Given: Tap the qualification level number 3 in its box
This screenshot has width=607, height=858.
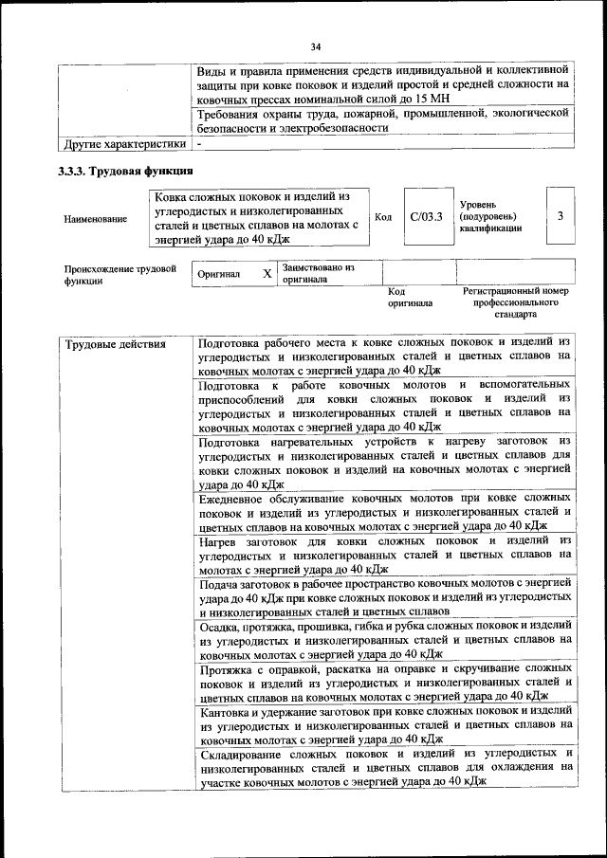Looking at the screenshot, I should [561, 216].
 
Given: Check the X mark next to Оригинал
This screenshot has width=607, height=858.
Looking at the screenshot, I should [267, 274].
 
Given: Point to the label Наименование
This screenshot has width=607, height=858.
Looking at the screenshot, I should [95, 219].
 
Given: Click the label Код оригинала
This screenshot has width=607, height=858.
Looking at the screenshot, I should [410, 298].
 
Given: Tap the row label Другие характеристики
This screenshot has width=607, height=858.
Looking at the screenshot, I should [124, 144].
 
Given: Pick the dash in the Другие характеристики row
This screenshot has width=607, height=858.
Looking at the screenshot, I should [200, 144].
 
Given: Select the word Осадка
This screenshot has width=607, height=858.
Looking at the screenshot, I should [221, 625].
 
